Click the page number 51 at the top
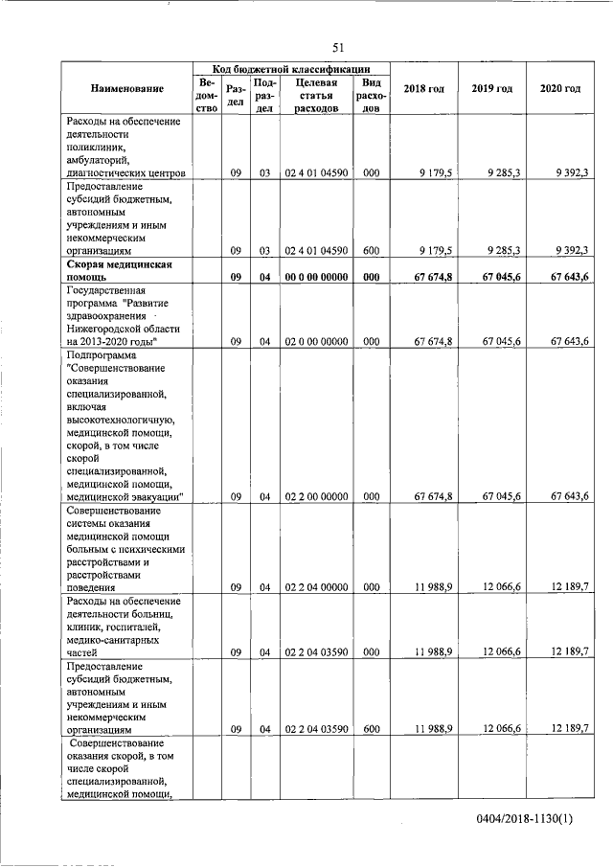tap(338, 47)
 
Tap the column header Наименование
tap(127, 89)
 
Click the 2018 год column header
tap(423, 89)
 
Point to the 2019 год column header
tap(491, 89)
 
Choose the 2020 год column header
tap(559, 89)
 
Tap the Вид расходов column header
tap(371, 96)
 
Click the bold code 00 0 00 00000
tap(317, 278)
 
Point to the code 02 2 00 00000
tap(317, 496)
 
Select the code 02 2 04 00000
tap(317, 587)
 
